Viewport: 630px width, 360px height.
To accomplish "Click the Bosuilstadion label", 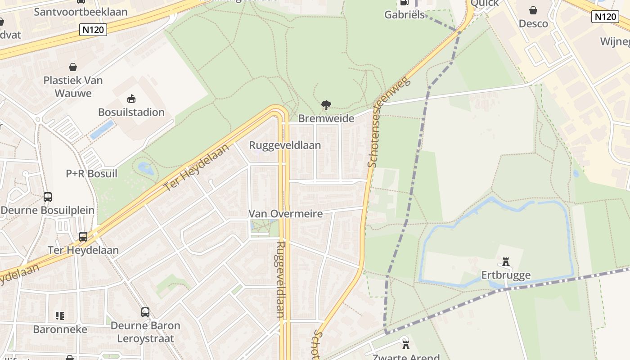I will (x=131, y=112).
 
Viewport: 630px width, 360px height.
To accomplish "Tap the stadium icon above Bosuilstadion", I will (x=131, y=99).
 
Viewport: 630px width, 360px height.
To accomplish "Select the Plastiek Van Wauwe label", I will (x=73, y=87).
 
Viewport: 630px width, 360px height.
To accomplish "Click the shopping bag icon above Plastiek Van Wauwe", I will (x=73, y=67).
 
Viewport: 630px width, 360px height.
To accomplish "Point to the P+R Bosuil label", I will (x=91, y=173).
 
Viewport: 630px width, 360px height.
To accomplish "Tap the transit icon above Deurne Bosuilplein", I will (x=48, y=197).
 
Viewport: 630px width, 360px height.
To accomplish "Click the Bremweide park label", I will (x=326, y=118).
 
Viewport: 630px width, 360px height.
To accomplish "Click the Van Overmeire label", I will (x=286, y=214).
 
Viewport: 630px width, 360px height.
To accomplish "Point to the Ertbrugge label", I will (x=506, y=275).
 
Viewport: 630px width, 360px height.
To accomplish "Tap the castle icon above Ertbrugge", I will (x=506, y=262).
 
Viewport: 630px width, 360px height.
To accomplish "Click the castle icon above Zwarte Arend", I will (x=406, y=345).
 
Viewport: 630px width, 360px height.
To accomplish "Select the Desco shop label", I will (x=533, y=23).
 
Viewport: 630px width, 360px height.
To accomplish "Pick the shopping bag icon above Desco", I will (x=533, y=10).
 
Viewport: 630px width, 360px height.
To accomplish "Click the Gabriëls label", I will (x=405, y=14).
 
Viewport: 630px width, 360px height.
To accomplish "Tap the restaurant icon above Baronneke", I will (x=60, y=316).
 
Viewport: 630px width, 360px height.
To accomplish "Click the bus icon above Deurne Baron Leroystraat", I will (x=145, y=312).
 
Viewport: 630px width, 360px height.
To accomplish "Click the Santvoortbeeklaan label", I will (x=81, y=12).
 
